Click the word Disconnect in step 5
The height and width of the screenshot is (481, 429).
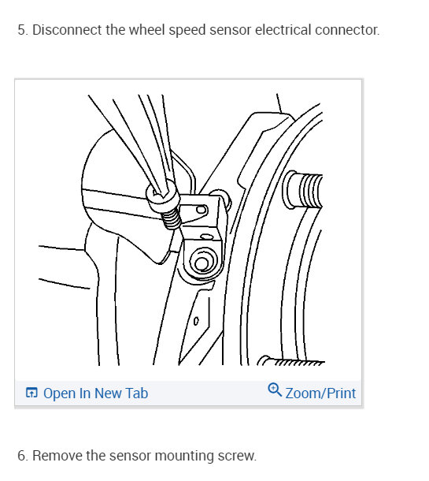(67, 30)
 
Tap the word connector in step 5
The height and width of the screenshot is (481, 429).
(347, 30)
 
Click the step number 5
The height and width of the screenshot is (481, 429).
(22, 30)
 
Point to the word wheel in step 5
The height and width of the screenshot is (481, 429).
(147, 30)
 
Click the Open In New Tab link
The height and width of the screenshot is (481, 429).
(95, 393)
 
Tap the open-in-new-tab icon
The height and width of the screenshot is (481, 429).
(31, 393)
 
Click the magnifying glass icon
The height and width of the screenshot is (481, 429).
(275, 390)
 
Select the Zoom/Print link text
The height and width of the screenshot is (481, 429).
(320, 393)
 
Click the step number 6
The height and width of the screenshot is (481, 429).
(22, 456)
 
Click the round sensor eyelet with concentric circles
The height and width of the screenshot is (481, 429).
(202, 262)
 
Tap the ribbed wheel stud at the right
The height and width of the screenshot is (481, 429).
(303, 190)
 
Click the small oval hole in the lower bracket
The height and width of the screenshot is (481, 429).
(196, 321)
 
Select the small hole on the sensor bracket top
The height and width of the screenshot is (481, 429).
(202, 210)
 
